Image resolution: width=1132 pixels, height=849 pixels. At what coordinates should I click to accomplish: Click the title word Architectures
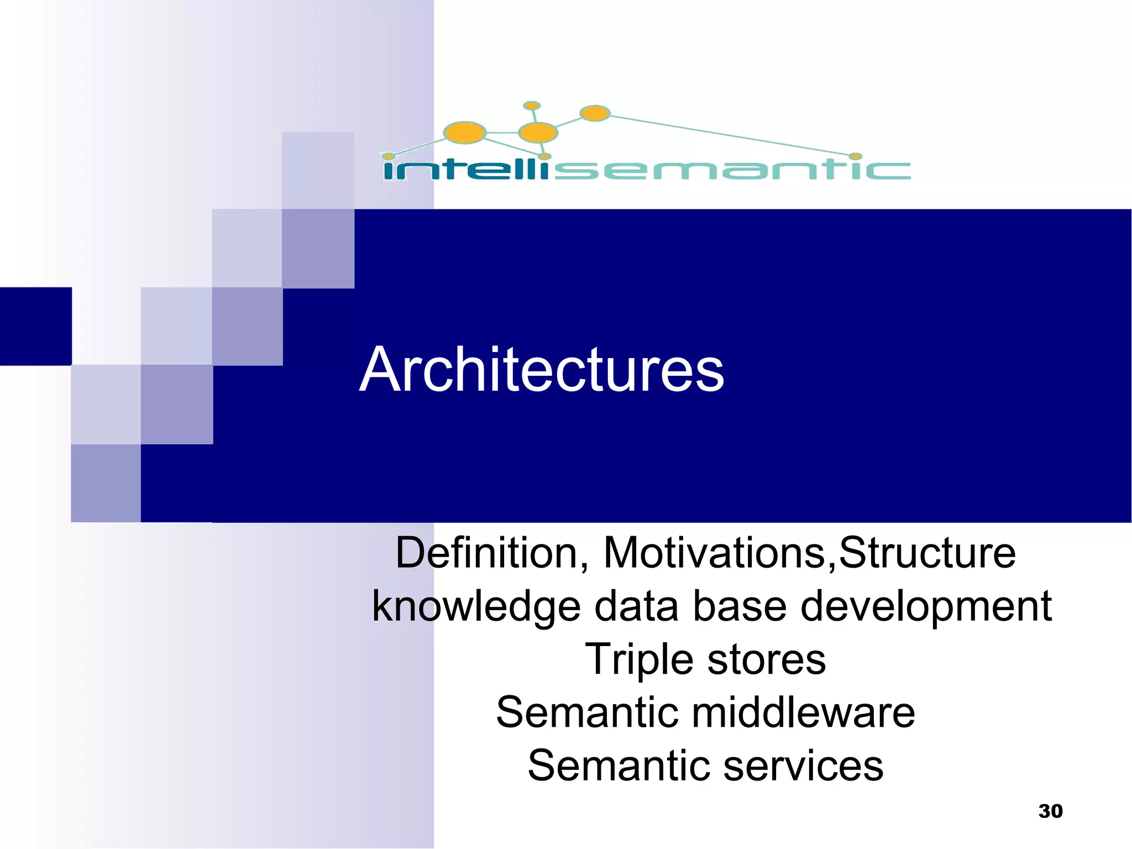point(541,369)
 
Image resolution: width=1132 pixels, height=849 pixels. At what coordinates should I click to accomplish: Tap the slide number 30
point(1050,811)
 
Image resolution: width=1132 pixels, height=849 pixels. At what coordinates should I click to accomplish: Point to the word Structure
point(927,553)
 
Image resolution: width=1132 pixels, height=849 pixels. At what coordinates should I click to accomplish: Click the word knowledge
point(475,607)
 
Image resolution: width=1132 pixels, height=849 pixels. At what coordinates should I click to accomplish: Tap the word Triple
point(639,660)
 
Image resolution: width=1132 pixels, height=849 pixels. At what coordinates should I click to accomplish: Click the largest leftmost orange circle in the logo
point(464,133)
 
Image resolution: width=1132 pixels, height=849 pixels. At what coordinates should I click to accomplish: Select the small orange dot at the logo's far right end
point(856,156)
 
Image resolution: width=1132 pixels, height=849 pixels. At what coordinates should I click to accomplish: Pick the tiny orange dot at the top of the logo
point(532,105)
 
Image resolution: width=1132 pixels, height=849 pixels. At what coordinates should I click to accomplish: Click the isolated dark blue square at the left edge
point(35,326)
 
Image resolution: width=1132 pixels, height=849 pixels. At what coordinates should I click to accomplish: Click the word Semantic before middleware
point(586,712)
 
